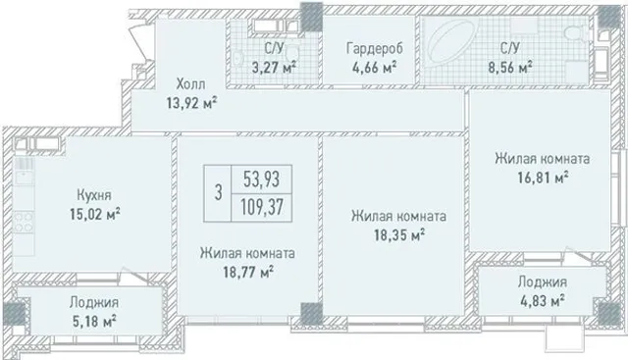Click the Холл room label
tap(191, 84)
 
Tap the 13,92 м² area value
tap(192, 103)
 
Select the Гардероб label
tap(375, 48)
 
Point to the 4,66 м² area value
tap(375, 67)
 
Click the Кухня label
tap(94, 195)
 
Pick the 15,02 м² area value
tap(95, 214)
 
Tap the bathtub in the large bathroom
tap(451, 42)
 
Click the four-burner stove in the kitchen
tap(24, 223)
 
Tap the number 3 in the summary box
tap(218, 192)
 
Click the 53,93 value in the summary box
tap(262, 179)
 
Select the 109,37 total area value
tap(262, 207)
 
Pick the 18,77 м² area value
tap(248, 273)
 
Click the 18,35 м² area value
tap(399, 235)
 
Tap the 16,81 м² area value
tap(543, 177)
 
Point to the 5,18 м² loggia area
tap(94, 321)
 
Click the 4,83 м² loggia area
tap(543, 300)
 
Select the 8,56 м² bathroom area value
tap(510, 67)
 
